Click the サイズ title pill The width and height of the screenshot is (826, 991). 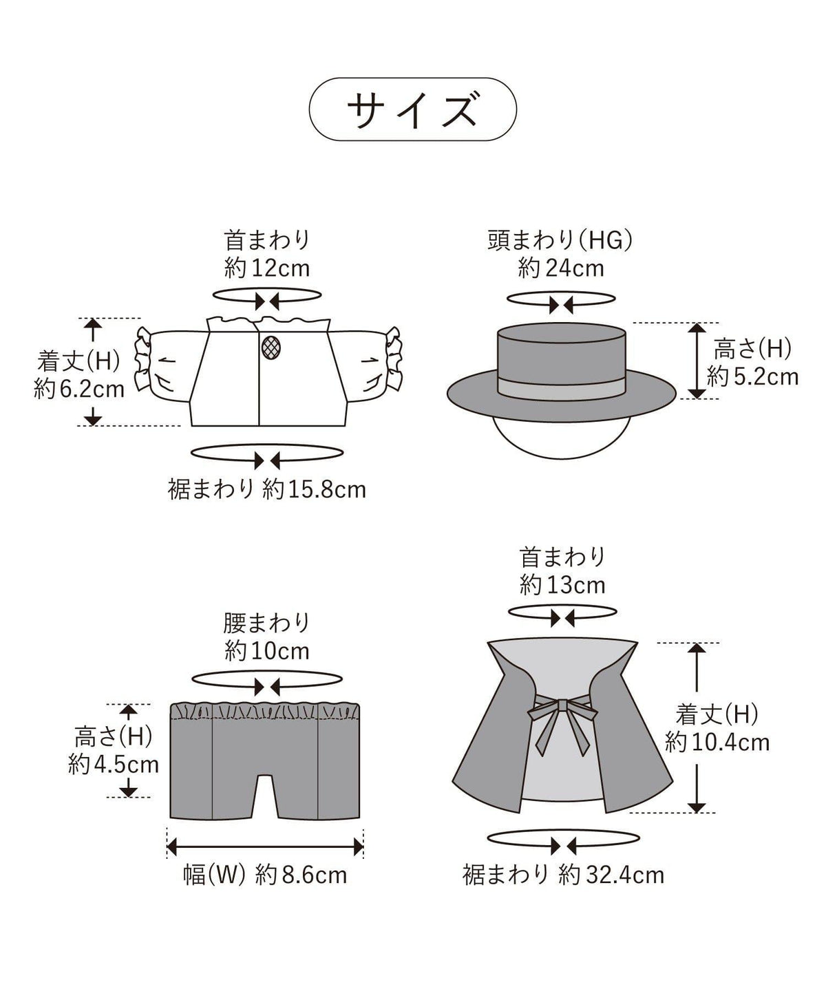(412, 109)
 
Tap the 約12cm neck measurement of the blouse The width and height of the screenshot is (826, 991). (267, 268)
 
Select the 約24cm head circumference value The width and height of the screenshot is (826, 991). (561, 268)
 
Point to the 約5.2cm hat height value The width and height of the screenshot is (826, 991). (752, 377)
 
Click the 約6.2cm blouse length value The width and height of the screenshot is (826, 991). (79, 390)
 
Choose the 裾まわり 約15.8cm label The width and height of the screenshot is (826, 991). (267, 489)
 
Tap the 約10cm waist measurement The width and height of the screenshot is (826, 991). (267, 651)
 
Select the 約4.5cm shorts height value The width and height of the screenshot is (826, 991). (114, 765)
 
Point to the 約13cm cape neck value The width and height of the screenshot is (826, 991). (562, 585)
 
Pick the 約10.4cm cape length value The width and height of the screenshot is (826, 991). (717, 756)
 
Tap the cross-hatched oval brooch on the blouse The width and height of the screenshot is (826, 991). (271, 348)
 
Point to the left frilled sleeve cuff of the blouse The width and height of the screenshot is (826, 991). (142, 359)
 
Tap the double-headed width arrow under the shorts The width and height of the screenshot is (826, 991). (265, 846)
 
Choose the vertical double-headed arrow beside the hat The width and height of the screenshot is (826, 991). (697, 361)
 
